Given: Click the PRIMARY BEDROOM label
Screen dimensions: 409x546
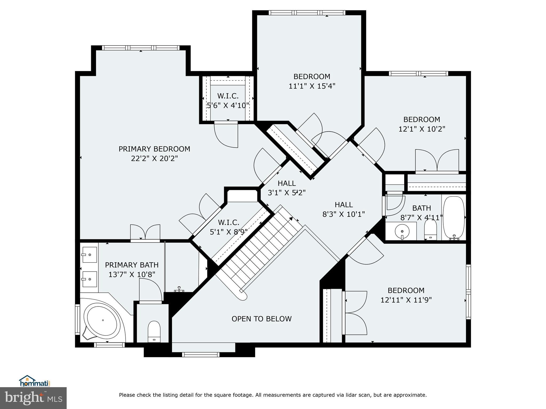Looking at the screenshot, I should click(154, 149).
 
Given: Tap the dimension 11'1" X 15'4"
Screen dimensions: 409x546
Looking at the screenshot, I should click(312, 86).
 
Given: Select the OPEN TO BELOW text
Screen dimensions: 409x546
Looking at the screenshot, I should click(262, 319).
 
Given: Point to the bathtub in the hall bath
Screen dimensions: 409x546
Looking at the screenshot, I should click(454, 218).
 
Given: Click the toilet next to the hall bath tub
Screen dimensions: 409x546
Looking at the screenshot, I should click(430, 230).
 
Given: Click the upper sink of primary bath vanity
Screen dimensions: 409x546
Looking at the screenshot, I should click(89, 254).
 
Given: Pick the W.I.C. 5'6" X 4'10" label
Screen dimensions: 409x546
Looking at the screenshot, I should click(228, 101).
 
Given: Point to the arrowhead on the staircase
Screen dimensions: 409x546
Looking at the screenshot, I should click(291, 219).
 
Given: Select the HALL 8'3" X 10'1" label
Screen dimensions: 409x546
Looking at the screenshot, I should click(344, 209).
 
